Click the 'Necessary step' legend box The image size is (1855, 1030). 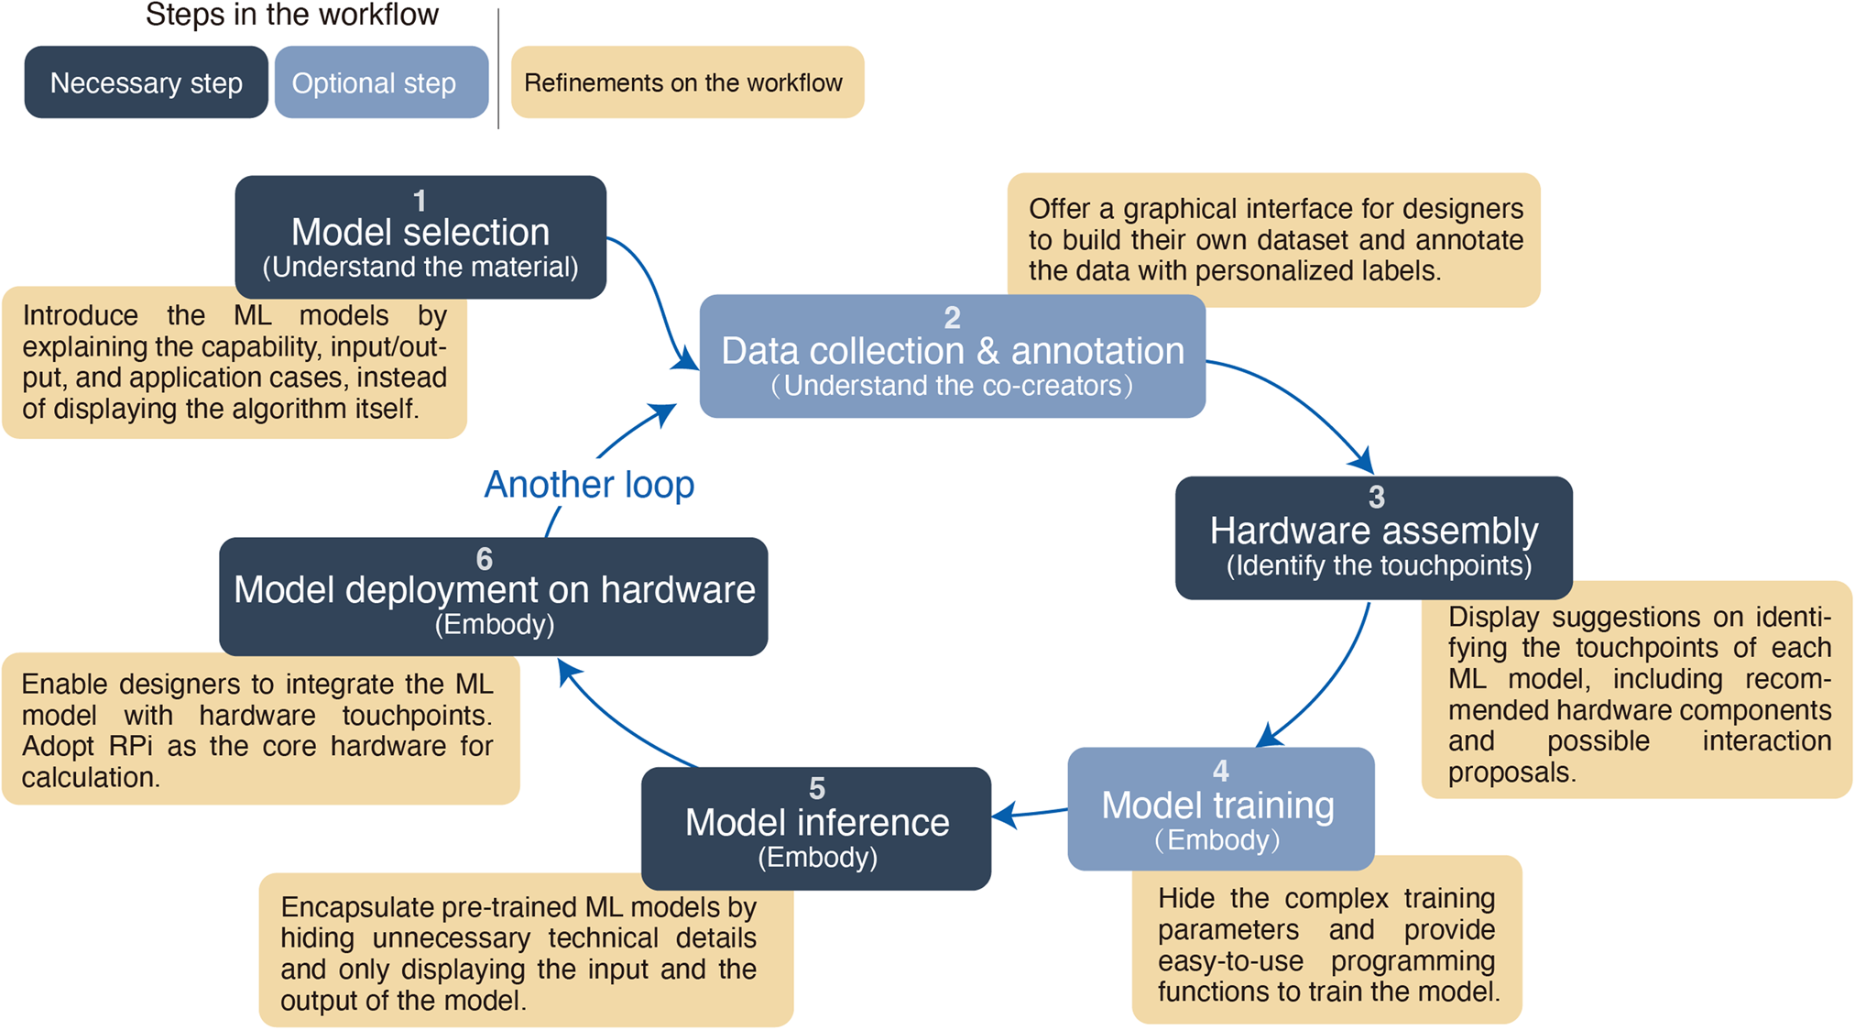click(x=146, y=82)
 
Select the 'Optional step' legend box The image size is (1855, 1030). click(x=380, y=82)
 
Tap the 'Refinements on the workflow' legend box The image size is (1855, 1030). click(x=686, y=82)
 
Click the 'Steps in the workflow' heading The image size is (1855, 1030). click(x=291, y=15)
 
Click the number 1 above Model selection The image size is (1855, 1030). click(x=420, y=200)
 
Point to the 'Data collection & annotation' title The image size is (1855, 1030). click(x=952, y=351)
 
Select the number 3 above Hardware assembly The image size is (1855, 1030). click(x=1376, y=498)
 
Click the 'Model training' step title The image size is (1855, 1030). click(x=1217, y=805)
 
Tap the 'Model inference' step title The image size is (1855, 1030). click(x=816, y=823)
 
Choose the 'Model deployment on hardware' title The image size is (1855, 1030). click(x=494, y=590)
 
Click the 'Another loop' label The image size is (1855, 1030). click(x=588, y=485)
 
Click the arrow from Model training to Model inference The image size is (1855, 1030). click(x=1031, y=813)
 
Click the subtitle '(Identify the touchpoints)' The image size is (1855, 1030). click(x=1379, y=565)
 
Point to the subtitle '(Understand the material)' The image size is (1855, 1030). click(x=420, y=268)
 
